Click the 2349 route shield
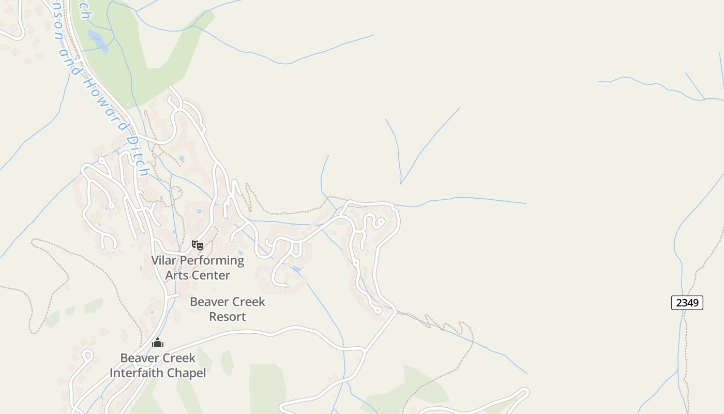(687, 303)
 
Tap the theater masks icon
(198, 245)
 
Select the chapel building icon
(158, 343)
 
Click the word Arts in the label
(177, 275)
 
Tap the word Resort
(228, 316)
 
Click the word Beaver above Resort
(209, 302)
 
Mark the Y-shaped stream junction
(401, 183)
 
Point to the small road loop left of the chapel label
(86, 356)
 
